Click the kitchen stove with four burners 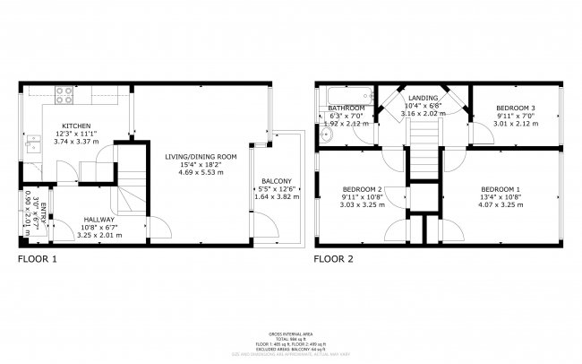(x=64, y=93)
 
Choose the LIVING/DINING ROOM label (x=200, y=157)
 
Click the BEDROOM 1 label (x=501, y=189)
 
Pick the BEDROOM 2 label (x=363, y=189)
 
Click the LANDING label (x=423, y=98)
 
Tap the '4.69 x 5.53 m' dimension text (x=200, y=173)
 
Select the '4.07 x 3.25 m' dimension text (x=501, y=205)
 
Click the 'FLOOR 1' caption (x=38, y=261)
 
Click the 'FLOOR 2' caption (x=333, y=261)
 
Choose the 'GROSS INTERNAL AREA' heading (x=291, y=332)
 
